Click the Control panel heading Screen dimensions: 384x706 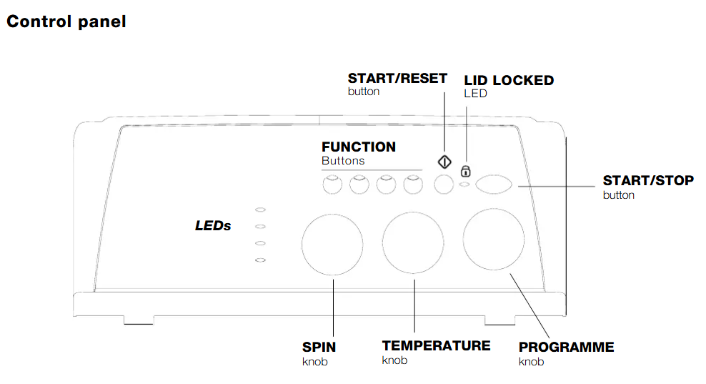click(66, 21)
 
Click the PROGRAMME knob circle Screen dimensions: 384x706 click(493, 240)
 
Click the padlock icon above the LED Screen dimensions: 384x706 click(466, 171)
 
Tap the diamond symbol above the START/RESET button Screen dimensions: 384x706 click(444, 162)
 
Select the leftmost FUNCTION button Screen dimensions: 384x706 click(331, 186)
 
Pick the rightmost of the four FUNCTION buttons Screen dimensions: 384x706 click(412, 186)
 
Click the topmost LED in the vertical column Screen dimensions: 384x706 click(261, 210)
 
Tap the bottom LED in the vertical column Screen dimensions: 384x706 click(261, 260)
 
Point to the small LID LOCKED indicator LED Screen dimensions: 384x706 click(465, 185)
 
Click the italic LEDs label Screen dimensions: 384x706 click(213, 226)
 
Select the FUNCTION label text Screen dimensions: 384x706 click(358, 147)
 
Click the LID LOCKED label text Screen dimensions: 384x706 click(509, 81)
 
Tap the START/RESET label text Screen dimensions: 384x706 click(397, 78)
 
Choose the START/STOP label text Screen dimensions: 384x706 click(647, 181)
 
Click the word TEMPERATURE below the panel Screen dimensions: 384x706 click(436, 346)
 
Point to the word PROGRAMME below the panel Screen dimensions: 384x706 click(566, 348)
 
